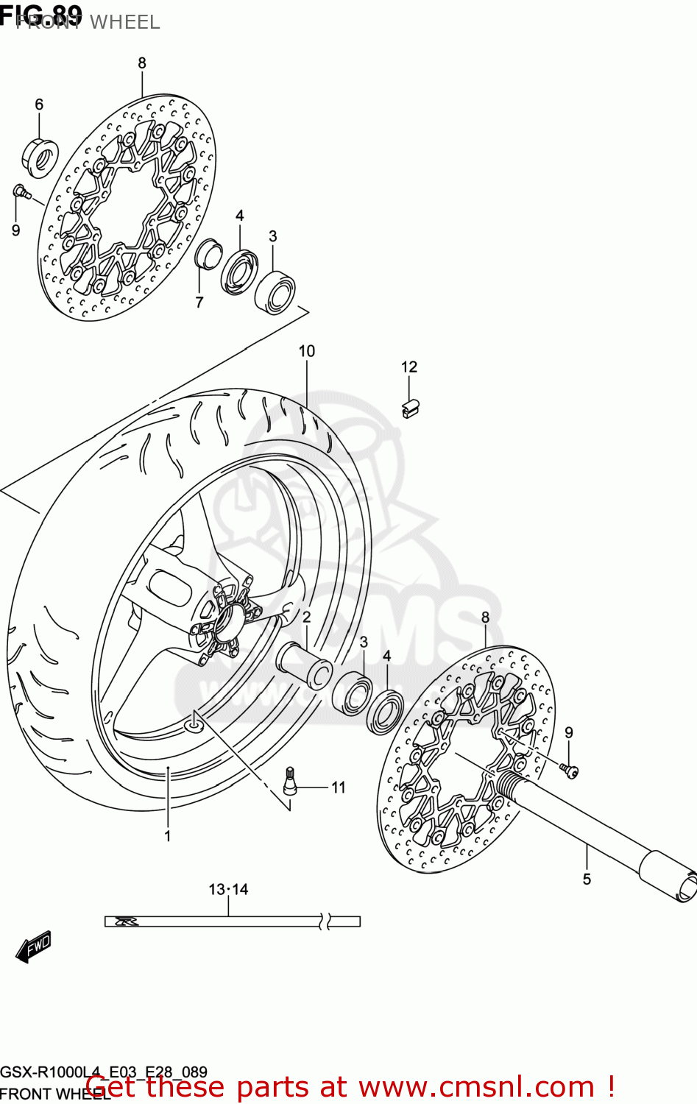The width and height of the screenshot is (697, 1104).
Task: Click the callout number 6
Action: pos(39,105)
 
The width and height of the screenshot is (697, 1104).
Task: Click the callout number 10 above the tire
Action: pos(307,352)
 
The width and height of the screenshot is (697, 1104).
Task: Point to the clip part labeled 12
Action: pos(410,408)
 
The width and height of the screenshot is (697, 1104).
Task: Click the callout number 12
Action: pos(409,367)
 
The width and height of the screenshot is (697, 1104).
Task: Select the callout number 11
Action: pos(338,788)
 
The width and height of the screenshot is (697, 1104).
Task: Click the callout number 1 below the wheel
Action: pos(168,836)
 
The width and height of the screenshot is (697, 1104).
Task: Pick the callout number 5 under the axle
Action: pos(587,879)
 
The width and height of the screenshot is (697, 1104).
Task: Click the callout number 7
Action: pos(199,302)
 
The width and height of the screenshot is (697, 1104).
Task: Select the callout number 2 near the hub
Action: pos(306,617)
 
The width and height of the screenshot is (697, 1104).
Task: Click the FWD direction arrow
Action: pos(35,946)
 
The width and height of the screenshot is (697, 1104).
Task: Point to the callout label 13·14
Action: pos(228,889)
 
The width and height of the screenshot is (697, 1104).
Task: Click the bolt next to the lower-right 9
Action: pos(569,770)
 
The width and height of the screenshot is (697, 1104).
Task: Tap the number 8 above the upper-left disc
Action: pos(142,63)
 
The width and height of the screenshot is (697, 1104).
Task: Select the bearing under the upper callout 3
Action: pos(275,291)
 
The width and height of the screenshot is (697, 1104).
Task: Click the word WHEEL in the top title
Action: pos(124,22)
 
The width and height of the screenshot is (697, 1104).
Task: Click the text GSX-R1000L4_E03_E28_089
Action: pos(104,1072)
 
